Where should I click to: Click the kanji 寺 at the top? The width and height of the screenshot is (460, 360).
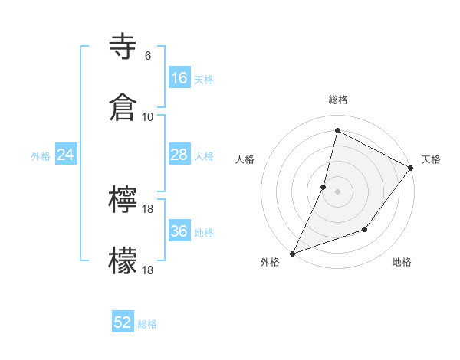(123, 47)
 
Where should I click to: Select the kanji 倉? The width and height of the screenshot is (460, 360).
(123, 107)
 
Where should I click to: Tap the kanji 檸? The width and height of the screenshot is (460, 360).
(123, 201)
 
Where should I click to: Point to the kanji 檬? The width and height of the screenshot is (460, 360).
(123, 260)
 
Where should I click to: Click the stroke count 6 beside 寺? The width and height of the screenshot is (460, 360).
(147, 56)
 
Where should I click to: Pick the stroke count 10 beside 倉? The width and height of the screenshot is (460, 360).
(147, 116)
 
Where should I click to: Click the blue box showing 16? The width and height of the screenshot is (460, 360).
(179, 77)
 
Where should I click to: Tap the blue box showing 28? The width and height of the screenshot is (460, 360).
(179, 155)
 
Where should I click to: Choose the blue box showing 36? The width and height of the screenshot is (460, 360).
(179, 231)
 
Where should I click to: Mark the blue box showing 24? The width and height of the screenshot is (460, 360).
(66, 155)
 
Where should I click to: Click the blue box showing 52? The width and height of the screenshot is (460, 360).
(123, 322)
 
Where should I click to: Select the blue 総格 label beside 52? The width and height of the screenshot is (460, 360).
(147, 324)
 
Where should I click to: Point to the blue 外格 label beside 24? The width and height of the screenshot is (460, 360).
(41, 156)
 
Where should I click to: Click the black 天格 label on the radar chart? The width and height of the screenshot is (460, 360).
(431, 159)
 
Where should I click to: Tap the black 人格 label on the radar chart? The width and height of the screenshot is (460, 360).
(245, 159)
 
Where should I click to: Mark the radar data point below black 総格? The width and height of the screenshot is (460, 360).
(337, 130)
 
